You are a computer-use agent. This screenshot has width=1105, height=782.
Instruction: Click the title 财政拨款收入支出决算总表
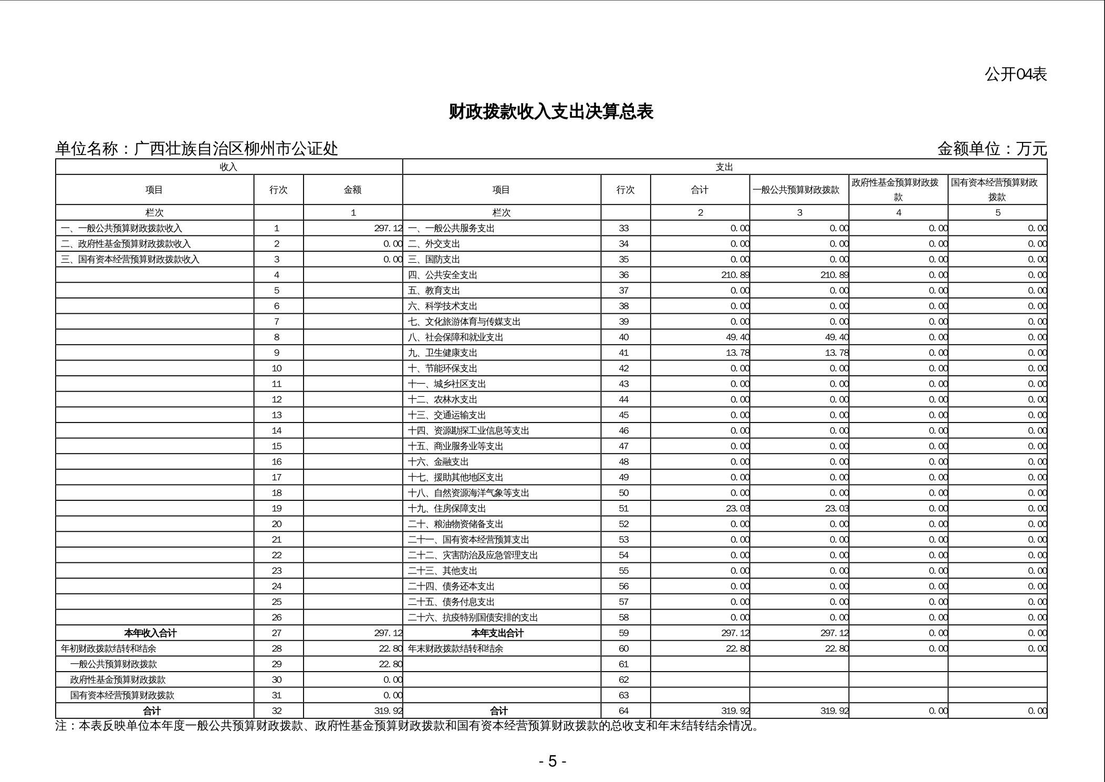[551, 112]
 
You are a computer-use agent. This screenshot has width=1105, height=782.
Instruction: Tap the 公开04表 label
[1015, 75]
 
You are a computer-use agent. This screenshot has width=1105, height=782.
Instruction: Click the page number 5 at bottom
[552, 761]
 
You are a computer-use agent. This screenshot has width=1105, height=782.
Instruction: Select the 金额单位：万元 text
[992, 149]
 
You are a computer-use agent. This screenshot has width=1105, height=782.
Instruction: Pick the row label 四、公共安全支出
[442, 275]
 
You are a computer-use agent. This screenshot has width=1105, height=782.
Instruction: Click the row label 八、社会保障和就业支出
[455, 337]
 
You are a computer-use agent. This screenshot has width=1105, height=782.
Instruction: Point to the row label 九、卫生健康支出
[442, 353]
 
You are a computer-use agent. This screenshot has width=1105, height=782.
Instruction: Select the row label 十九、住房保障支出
[447, 508]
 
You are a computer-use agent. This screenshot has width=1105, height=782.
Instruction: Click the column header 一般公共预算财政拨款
[799, 190]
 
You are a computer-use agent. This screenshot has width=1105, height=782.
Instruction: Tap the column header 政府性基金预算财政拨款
[898, 190]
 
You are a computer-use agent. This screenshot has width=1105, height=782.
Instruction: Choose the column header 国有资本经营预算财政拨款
[997, 190]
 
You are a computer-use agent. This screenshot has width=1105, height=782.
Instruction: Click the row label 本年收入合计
[151, 633]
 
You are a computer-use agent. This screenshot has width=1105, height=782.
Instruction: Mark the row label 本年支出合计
[497, 633]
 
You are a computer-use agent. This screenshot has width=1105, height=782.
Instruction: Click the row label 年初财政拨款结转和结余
[108, 649]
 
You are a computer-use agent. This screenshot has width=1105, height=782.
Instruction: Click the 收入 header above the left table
[228, 167]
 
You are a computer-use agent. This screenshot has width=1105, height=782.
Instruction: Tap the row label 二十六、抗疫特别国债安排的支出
[473, 618]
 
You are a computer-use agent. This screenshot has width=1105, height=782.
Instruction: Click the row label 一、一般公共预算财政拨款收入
[121, 228]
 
